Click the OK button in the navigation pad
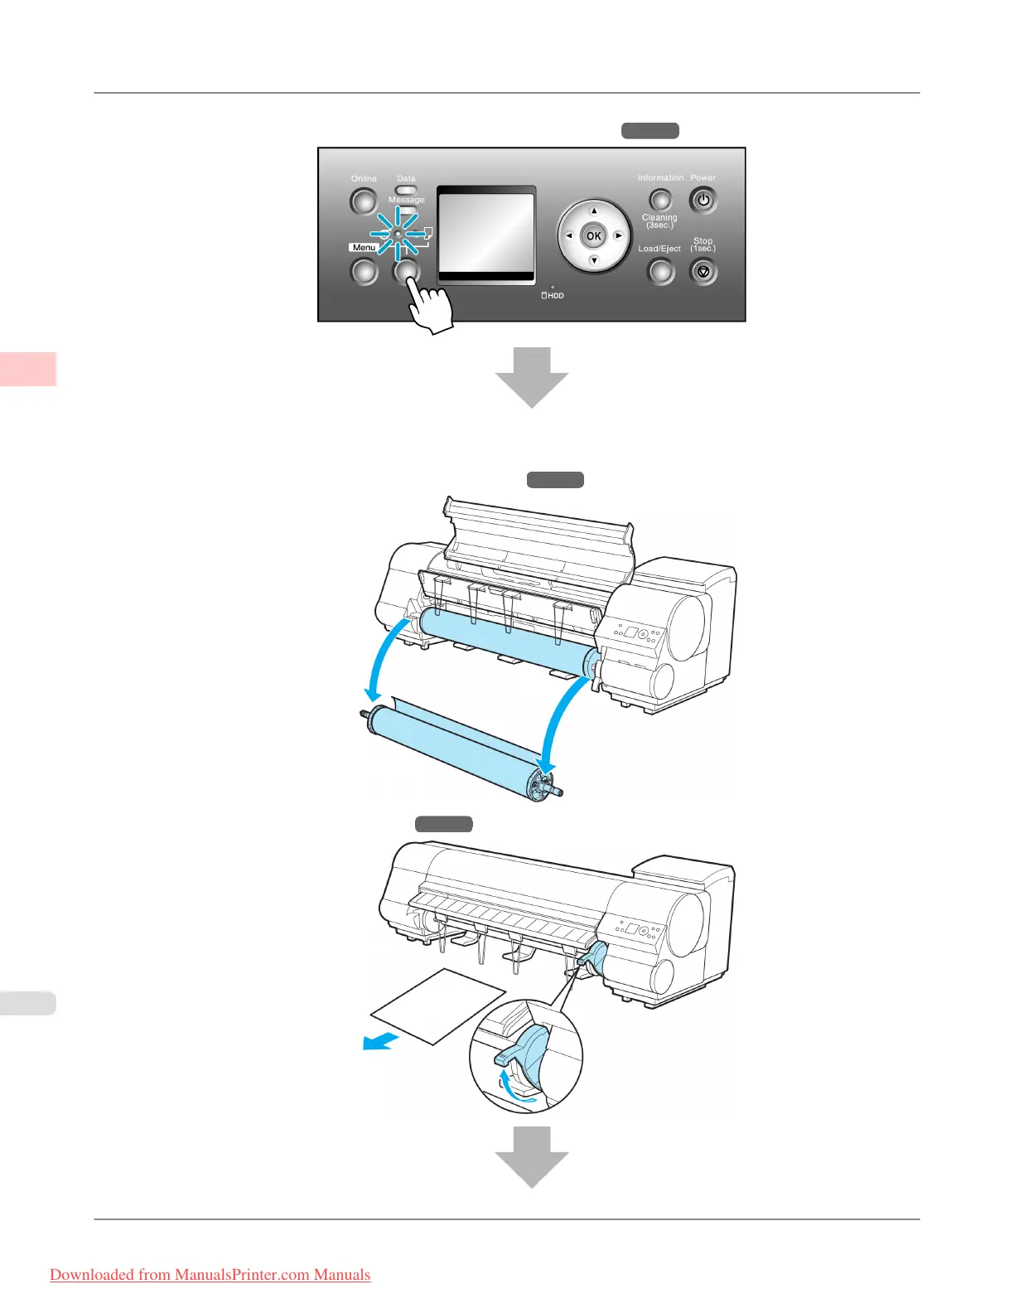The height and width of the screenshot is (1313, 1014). click(x=593, y=236)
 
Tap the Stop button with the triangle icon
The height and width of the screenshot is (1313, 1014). click(x=703, y=271)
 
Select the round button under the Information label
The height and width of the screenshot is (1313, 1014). click(x=660, y=200)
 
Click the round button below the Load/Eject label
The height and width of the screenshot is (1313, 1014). click(x=660, y=271)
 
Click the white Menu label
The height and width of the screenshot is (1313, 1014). click(x=364, y=248)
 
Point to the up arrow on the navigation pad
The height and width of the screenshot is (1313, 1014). click(x=593, y=211)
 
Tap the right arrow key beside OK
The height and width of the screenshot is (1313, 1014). click(x=618, y=236)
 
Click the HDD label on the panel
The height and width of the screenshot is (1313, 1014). click(x=553, y=296)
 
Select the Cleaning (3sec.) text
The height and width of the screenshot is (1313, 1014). click(x=659, y=221)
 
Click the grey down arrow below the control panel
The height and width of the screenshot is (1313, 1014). click(x=532, y=377)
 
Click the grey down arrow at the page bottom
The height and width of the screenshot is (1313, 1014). click(x=532, y=1156)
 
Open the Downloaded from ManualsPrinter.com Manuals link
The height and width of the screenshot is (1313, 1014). click(x=210, y=1275)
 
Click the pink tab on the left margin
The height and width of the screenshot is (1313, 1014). click(x=28, y=369)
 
